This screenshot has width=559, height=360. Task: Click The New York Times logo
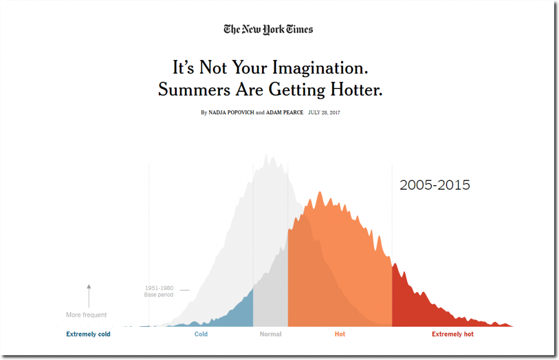[268, 29]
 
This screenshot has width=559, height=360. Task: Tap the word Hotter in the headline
[356, 89]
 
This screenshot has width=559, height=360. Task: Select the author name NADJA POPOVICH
[231, 113]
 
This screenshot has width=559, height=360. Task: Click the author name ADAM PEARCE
[284, 113]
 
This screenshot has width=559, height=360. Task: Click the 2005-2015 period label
[435, 185]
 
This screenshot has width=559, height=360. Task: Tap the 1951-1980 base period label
[159, 291]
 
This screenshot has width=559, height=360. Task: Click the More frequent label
[86, 315]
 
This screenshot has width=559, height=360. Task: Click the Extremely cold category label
[88, 334]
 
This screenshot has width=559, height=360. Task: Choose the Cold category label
[201, 334]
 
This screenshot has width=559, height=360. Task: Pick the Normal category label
[270, 334]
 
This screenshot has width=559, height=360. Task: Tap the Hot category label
[340, 334]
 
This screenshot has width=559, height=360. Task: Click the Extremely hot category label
[453, 334]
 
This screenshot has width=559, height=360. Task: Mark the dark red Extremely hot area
[415, 306]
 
